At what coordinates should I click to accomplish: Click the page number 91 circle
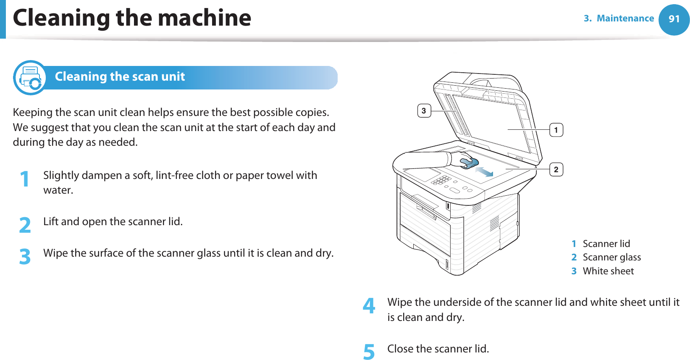click(674, 19)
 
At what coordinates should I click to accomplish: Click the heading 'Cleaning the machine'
click(132, 18)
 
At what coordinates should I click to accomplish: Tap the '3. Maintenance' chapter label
click(619, 18)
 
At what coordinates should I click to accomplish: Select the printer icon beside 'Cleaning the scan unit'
click(30, 78)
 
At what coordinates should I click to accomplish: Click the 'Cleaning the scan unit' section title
click(120, 76)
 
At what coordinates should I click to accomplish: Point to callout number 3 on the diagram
click(424, 111)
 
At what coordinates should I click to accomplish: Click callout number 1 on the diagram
click(556, 130)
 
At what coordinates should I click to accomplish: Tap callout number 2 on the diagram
click(556, 170)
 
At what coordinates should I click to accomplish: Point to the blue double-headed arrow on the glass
click(484, 171)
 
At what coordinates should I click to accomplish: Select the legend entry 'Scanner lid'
click(606, 244)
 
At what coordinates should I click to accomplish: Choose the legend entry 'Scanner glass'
click(611, 257)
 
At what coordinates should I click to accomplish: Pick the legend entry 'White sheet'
click(608, 271)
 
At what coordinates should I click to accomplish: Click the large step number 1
click(25, 179)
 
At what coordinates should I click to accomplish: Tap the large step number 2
click(25, 225)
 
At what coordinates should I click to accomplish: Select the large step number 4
click(369, 306)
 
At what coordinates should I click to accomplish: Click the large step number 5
click(369, 352)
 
